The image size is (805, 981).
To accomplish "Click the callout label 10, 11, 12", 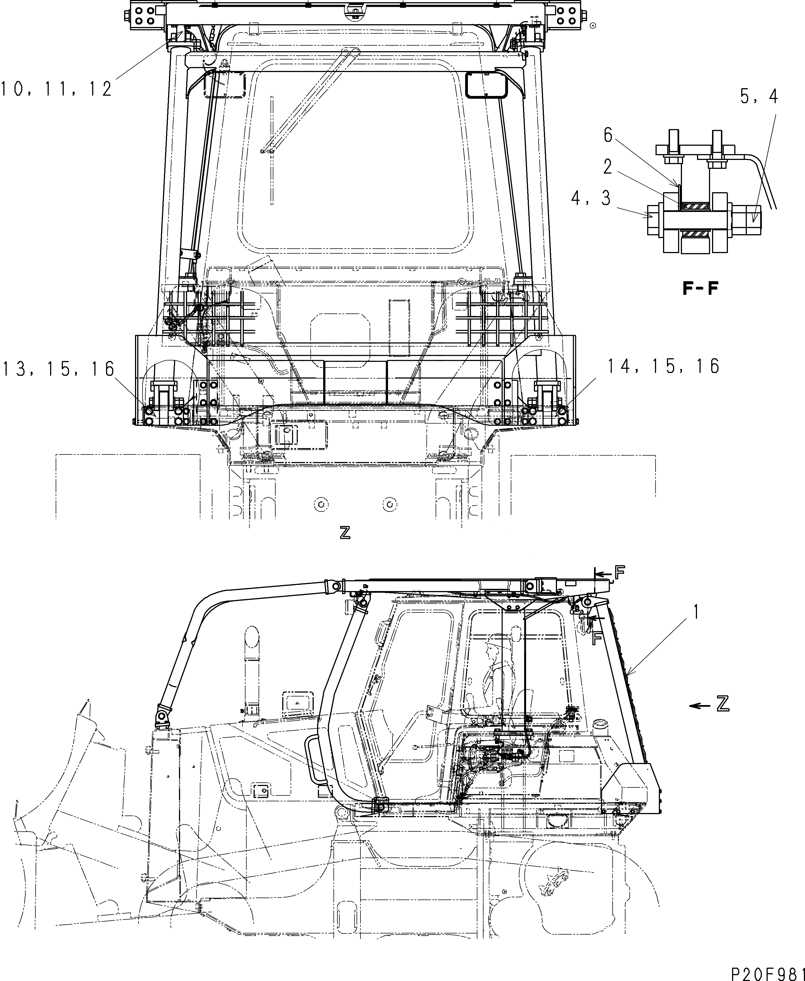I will (56, 88).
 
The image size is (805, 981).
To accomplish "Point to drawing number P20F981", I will (767, 972).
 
